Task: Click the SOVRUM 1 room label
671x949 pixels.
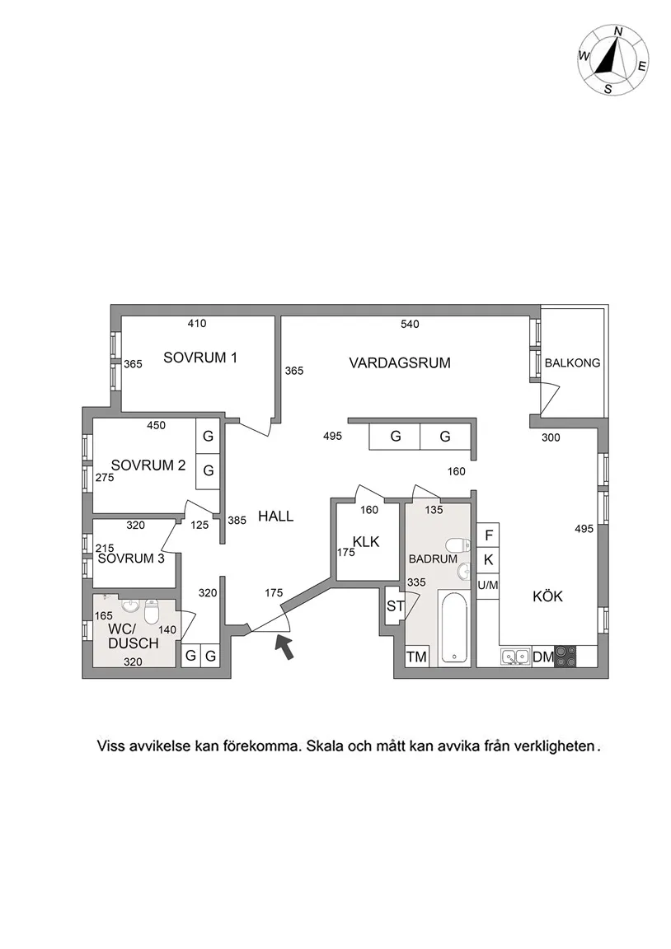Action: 200,358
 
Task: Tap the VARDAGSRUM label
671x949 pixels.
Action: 400,362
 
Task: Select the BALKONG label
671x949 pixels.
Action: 572,362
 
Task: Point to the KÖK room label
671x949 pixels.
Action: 547,596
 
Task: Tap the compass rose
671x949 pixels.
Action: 612,60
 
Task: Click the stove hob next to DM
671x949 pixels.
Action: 565,657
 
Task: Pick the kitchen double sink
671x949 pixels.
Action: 516,657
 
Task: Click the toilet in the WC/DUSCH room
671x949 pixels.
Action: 152,612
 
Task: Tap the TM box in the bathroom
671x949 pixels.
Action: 416,657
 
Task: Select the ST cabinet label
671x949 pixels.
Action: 395,607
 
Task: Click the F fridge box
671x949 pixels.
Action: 488,535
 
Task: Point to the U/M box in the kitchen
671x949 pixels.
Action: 488,584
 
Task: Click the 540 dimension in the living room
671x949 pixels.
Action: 410,324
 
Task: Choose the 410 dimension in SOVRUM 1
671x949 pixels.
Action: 196,324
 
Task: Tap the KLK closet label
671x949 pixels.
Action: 365,541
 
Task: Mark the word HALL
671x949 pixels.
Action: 275,517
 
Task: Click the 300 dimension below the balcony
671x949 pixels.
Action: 551,437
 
